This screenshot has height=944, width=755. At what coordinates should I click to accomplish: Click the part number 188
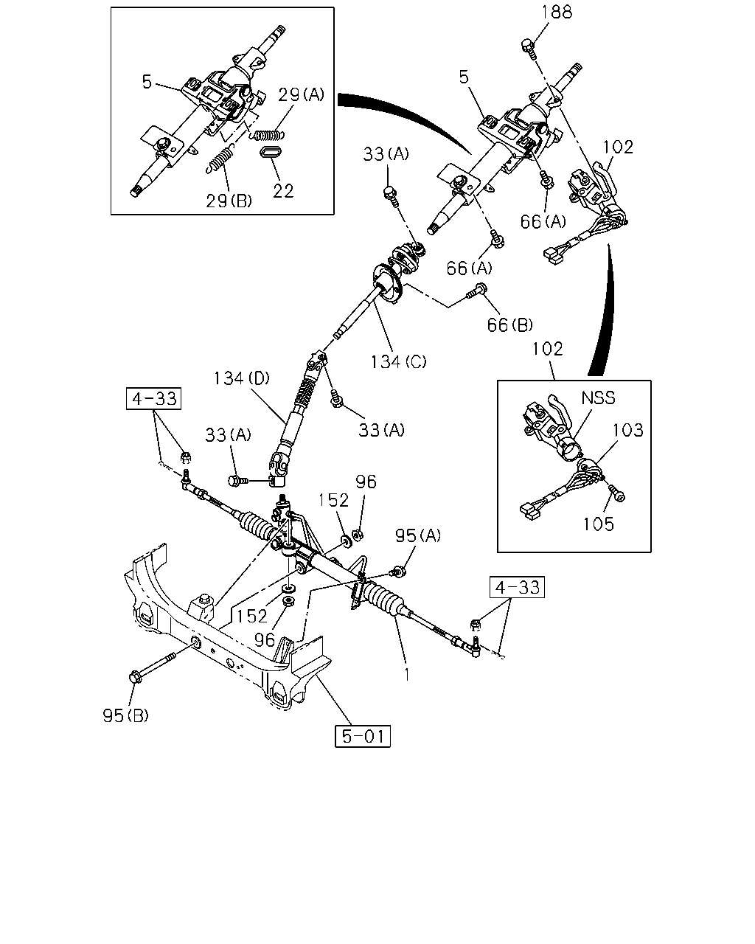point(556,13)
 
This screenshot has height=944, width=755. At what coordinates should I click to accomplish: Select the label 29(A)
point(302,94)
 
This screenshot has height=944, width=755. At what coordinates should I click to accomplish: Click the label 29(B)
point(229,201)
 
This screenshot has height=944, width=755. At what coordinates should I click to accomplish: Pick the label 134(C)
point(398,362)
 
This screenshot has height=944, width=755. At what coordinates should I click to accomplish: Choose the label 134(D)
point(242,378)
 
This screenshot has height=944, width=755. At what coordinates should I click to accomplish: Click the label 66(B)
point(509,325)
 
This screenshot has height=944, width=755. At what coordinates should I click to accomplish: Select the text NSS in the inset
point(599,398)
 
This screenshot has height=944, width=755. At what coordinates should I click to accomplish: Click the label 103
point(627,430)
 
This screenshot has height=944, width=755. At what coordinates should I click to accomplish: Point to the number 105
point(599,524)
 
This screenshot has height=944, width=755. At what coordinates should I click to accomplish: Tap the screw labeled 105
point(616,493)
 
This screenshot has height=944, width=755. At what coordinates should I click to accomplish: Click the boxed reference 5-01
point(362,736)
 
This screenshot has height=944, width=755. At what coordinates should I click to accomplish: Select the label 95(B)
point(126,716)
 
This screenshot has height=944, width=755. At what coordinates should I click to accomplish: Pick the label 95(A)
point(418,535)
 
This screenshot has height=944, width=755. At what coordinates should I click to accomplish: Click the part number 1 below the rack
point(407,675)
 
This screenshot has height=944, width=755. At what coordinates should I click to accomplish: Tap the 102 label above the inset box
point(548,349)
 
